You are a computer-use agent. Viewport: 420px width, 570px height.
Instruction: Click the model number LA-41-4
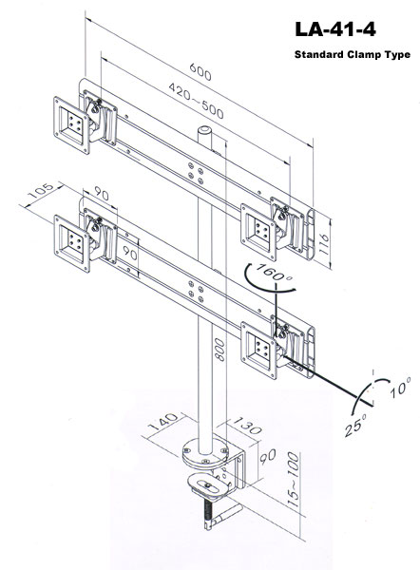[x=335, y=29]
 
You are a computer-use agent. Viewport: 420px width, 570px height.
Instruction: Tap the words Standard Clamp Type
[x=353, y=54]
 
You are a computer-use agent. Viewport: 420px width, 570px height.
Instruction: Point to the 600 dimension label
[x=200, y=71]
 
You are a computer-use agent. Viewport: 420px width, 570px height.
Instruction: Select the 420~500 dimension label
[x=196, y=101]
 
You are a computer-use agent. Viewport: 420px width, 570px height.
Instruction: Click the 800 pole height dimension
[x=220, y=350]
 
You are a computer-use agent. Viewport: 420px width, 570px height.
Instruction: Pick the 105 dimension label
[x=40, y=191]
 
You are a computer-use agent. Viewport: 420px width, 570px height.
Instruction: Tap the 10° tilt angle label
[x=400, y=387]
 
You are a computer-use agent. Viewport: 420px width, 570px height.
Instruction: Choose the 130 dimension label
[x=247, y=426]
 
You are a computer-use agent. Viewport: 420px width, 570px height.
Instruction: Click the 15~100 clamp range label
[x=293, y=480]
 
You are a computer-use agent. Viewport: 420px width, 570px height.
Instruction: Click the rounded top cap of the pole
[x=204, y=130]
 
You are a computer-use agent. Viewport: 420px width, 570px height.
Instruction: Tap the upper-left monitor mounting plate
[x=71, y=125]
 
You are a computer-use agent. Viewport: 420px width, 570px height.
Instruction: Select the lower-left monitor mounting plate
[x=71, y=243]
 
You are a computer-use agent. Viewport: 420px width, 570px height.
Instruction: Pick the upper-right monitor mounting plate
[x=258, y=233]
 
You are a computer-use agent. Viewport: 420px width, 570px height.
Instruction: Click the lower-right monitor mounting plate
[x=258, y=350]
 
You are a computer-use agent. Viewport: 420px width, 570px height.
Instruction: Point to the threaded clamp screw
[x=207, y=514]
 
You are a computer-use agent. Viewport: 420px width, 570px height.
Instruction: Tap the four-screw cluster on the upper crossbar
[x=196, y=173]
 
